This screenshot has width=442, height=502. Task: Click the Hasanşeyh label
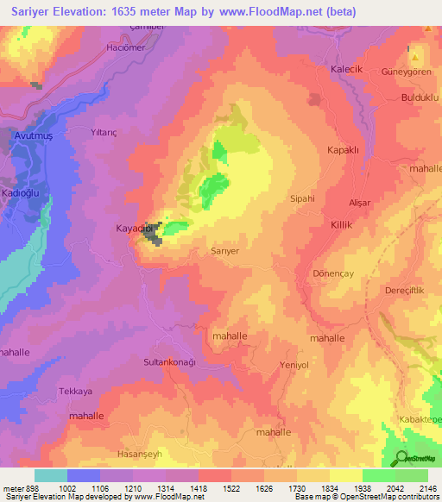click(x=139, y=454)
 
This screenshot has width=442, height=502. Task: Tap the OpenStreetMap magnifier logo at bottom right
click(x=400, y=458)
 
